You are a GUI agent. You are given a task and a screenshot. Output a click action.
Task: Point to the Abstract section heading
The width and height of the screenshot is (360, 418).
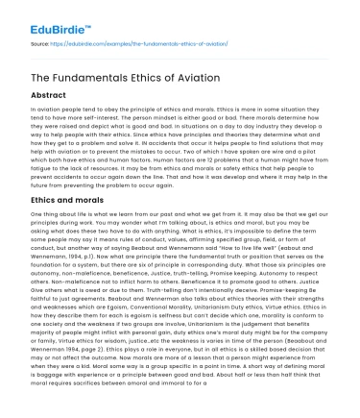(x=50, y=97)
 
